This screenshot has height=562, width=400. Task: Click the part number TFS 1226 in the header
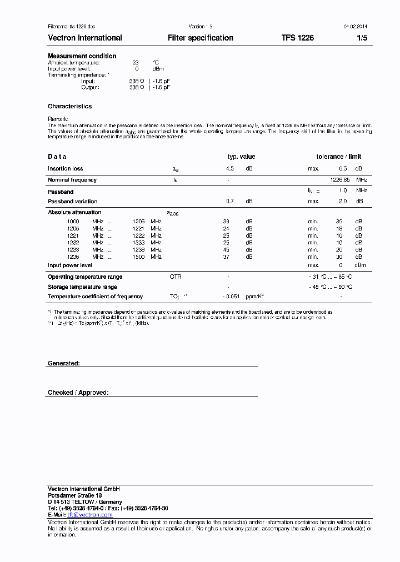(x=297, y=38)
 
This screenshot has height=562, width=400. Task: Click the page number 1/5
(x=362, y=38)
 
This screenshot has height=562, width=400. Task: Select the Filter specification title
(x=201, y=38)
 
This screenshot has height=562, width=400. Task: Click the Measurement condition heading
(x=82, y=56)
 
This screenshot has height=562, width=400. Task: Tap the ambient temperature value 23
(x=135, y=63)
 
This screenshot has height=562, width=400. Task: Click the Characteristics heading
(x=70, y=106)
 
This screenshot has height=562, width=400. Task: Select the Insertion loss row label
(x=66, y=168)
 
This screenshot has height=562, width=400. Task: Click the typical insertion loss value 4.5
(x=230, y=168)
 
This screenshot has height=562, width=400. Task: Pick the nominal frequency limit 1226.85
(x=340, y=180)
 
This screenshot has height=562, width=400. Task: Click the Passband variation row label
(x=73, y=202)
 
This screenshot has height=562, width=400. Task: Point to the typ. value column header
(x=241, y=157)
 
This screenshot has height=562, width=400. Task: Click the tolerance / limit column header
(x=339, y=157)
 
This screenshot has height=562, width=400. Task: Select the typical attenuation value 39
(x=226, y=222)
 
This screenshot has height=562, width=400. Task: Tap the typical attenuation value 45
(x=226, y=250)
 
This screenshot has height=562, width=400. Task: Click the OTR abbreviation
(x=176, y=277)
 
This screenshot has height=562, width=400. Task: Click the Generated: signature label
(x=64, y=363)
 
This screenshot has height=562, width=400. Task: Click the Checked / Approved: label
(x=78, y=393)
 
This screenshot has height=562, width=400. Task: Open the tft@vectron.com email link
(x=89, y=515)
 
